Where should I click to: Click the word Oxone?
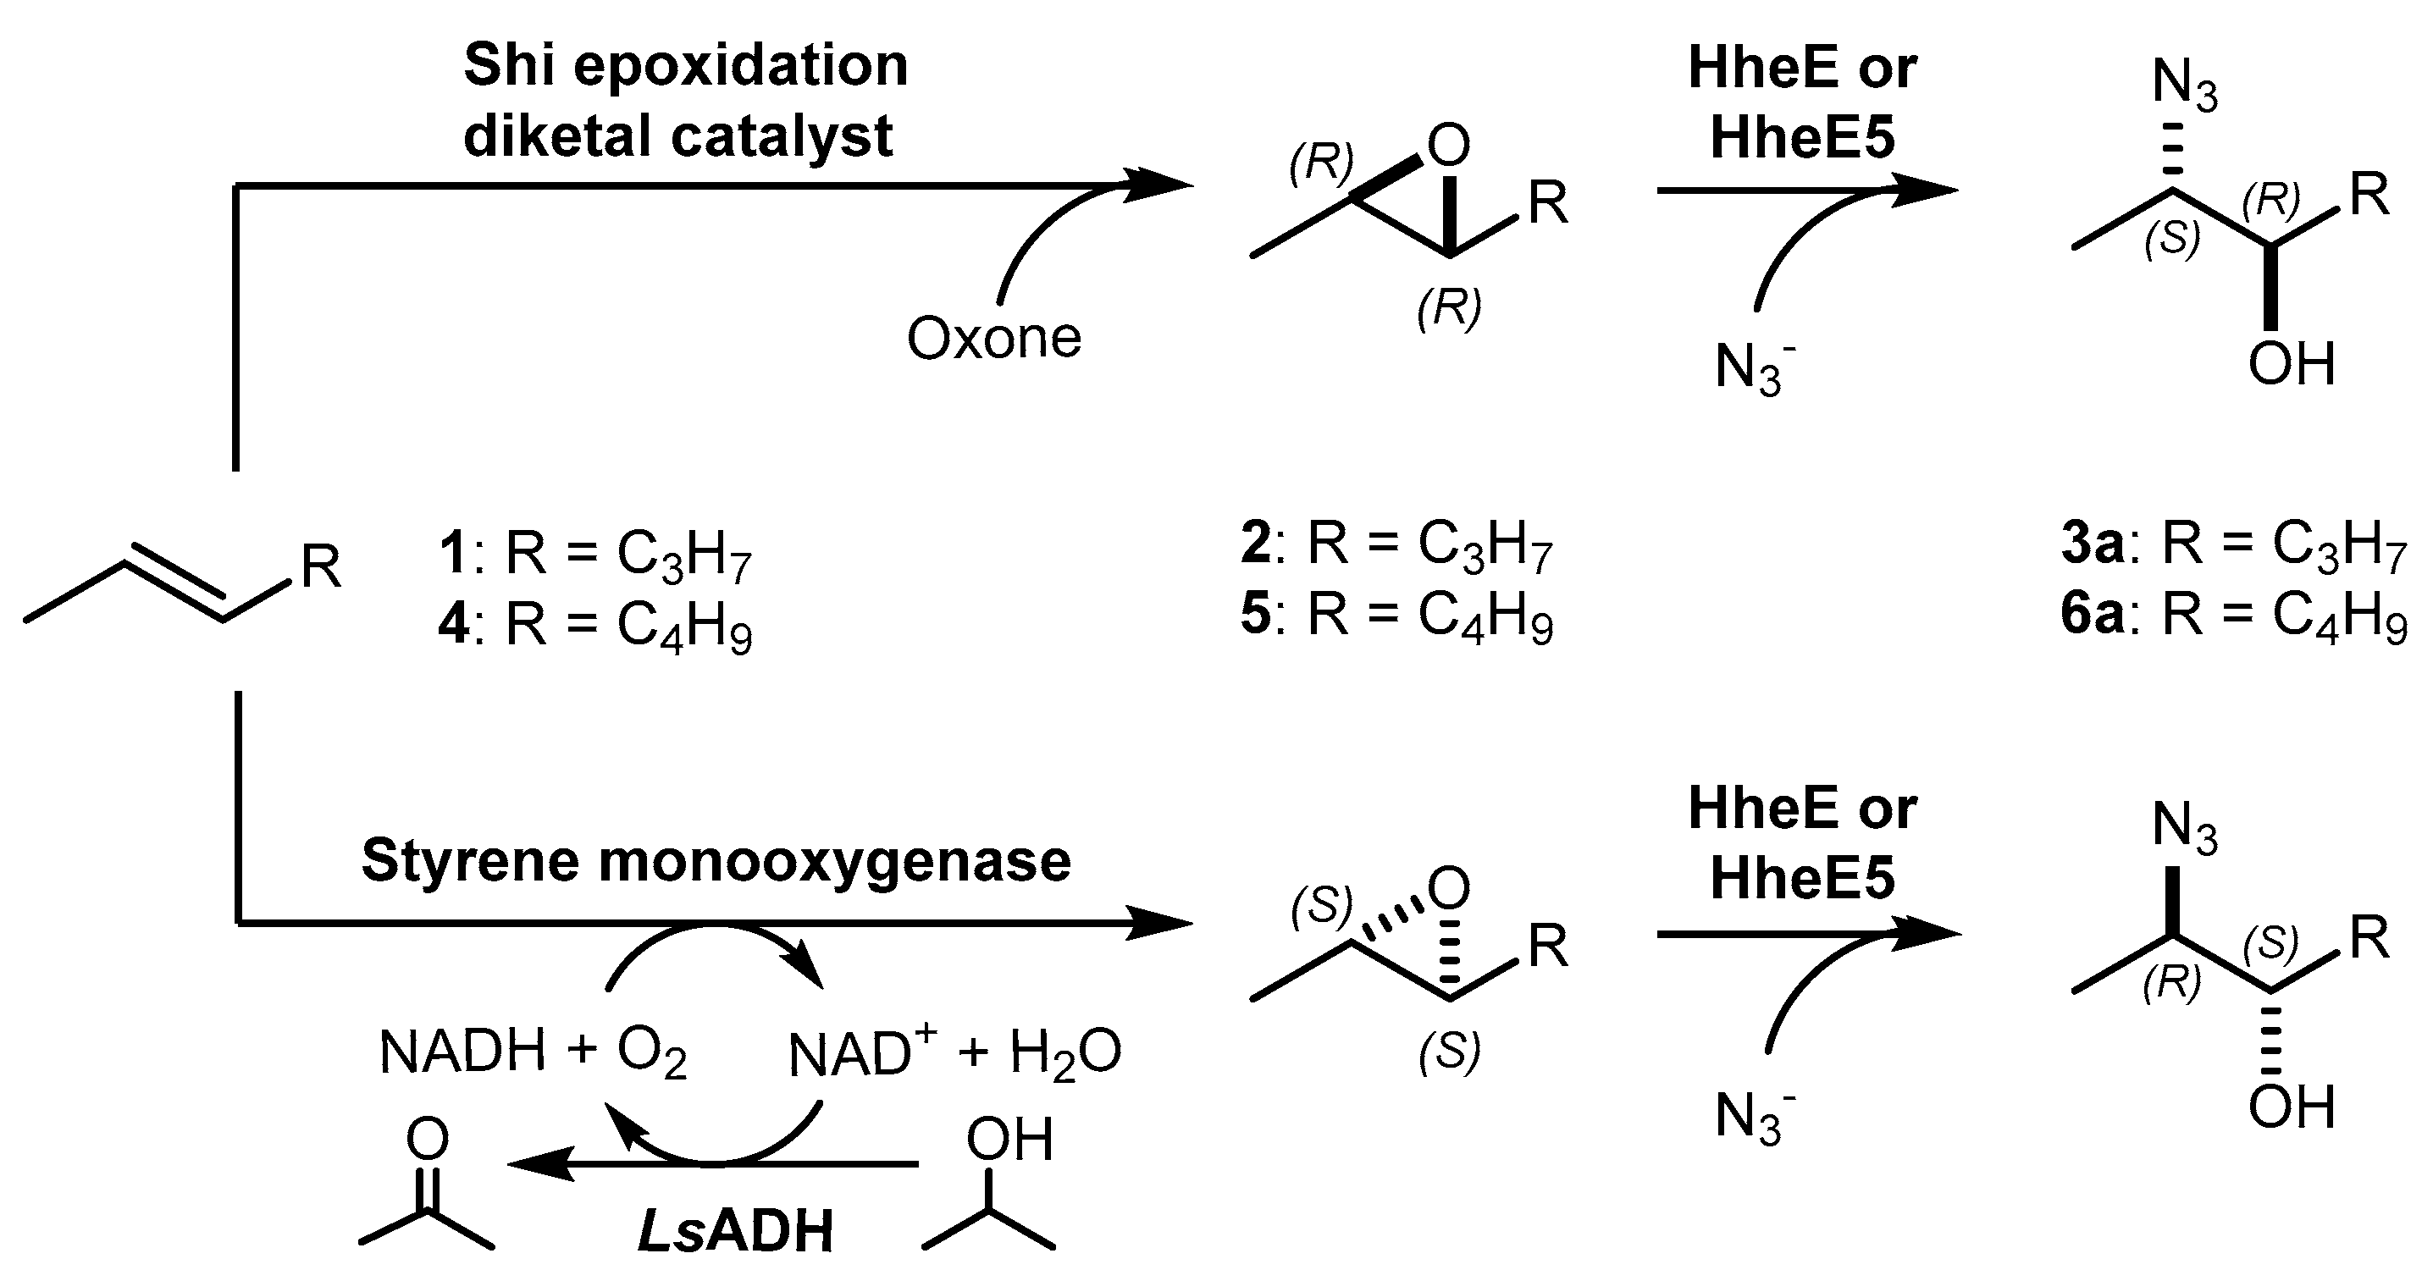(x=993, y=338)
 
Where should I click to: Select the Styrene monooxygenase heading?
(x=716, y=861)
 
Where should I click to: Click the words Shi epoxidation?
(x=686, y=65)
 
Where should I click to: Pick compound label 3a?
(x=2093, y=544)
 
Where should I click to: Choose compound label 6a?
(x=2093, y=615)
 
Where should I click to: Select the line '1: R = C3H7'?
(x=595, y=553)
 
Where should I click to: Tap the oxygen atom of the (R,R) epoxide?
(x=1449, y=146)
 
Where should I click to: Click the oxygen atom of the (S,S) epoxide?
(x=1449, y=887)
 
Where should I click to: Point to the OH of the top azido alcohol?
(x=2292, y=364)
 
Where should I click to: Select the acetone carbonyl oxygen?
(x=427, y=1139)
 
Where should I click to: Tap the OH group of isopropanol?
(x=1009, y=1140)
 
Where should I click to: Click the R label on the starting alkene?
(x=321, y=566)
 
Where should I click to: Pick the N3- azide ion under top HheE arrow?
(x=1754, y=368)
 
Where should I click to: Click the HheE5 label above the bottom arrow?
(x=1802, y=878)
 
